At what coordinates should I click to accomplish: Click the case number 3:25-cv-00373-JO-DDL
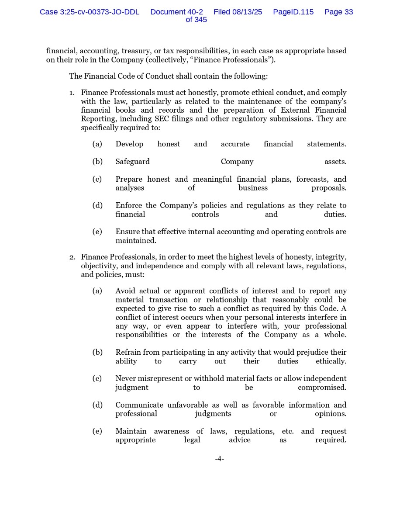pyautogui.click(x=90, y=12)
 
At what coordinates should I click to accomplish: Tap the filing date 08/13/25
pyautogui.click(x=247, y=12)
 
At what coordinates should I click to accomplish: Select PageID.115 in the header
pyautogui.click(x=293, y=12)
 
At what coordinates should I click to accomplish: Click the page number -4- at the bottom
pyautogui.click(x=219, y=459)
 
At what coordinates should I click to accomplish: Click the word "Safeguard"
pyautogui.click(x=132, y=162)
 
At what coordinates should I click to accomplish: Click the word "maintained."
pyautogui.click(x=135, y=241)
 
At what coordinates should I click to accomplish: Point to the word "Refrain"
pyautogui.click(x=128, y=352)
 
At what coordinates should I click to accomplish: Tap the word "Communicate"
pyautogui.click(x=139, y=405)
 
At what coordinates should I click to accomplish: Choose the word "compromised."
pyautogui.click(x=322, y=388)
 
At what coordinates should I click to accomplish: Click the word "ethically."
pyautogui.click(x=331, y=361)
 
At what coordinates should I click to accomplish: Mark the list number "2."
pyautogui.click(x=72, y=257)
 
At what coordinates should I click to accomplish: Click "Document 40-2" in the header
pyautogui.click(x=176, y=12)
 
